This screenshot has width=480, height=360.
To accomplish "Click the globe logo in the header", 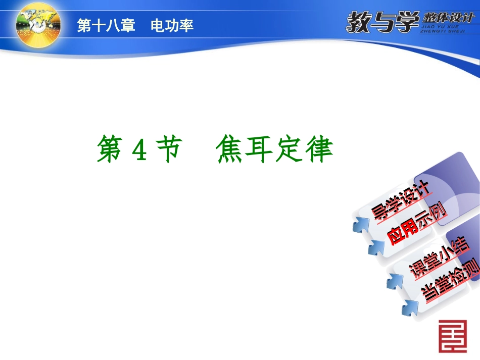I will point(38,25).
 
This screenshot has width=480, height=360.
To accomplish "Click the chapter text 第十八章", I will point(106,26).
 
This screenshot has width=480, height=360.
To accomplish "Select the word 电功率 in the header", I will point(172,26).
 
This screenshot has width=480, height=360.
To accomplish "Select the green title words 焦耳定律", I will point(275,149).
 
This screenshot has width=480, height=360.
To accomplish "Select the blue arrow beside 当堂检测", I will point(409,306).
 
